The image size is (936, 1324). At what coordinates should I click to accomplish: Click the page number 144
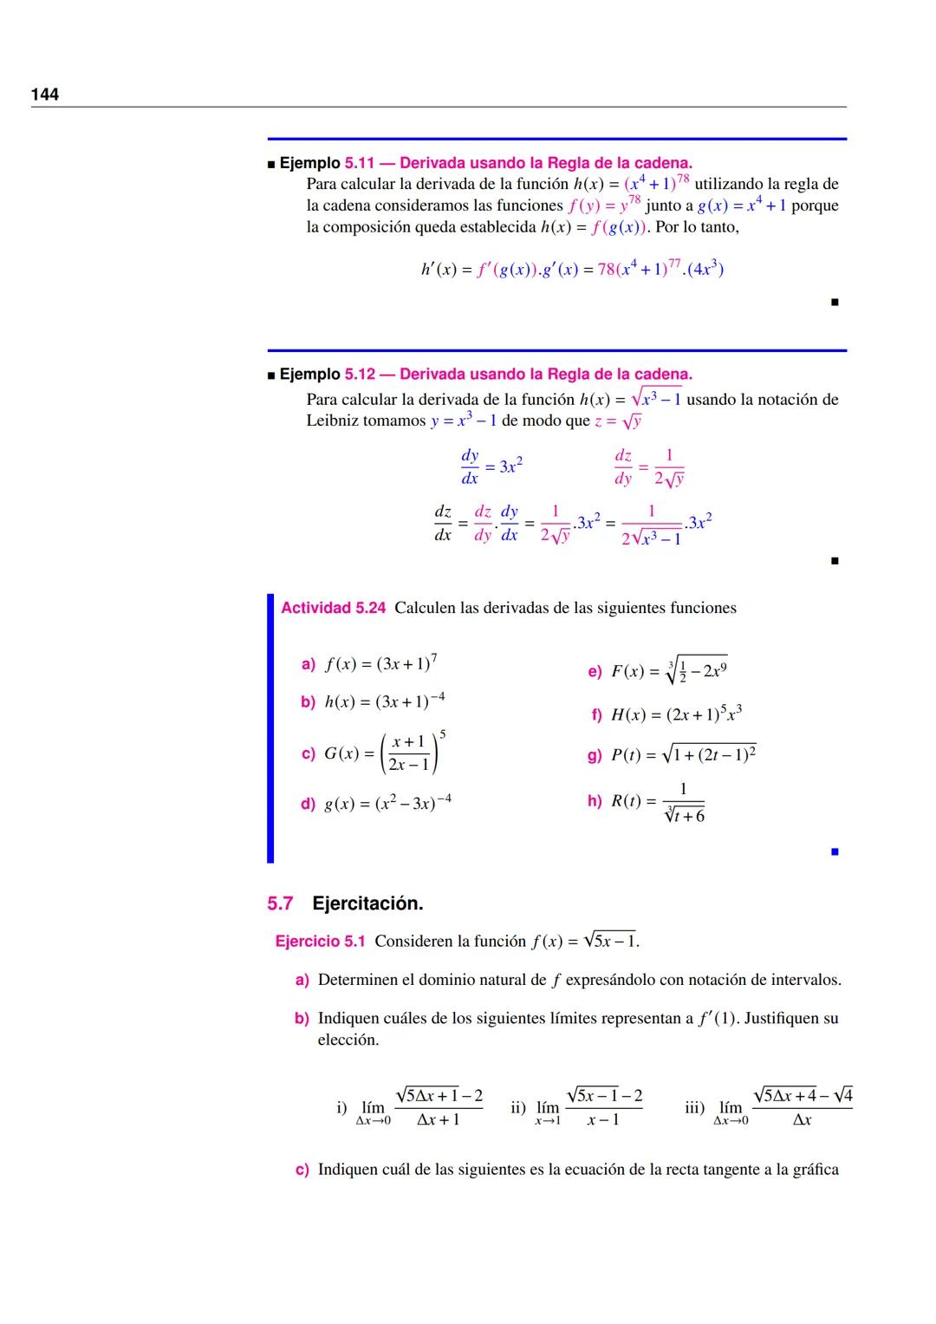point(45,95)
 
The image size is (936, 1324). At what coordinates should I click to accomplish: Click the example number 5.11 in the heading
point(359,163)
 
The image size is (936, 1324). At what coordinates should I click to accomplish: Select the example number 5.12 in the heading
point(359,375)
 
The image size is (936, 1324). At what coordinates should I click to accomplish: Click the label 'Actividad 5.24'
point(333,608)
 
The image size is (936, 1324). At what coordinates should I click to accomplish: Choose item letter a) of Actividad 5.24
point(308,664)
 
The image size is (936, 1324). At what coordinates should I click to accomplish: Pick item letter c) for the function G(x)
point(308,754)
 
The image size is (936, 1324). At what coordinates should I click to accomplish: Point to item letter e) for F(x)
point(595,671)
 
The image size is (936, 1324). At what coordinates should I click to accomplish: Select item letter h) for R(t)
point(595,801)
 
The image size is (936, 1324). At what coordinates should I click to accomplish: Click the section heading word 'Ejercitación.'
point(367,903)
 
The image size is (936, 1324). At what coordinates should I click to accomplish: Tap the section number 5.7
point(280,903)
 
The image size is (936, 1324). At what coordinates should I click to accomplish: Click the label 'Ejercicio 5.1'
point(320,942)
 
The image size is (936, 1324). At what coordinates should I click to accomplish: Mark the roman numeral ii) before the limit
point(518,1107)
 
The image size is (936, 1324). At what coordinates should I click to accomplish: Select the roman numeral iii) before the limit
point(695,1107)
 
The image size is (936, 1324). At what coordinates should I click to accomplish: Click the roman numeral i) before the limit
point(341,1107)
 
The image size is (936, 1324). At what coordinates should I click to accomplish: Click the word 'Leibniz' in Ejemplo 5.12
point(332,421)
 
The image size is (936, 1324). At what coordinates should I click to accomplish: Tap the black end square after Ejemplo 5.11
point(835,303)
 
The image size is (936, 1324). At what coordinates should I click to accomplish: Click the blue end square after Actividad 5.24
point(835,852)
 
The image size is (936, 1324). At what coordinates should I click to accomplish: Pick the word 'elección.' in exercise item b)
point(348,1040)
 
